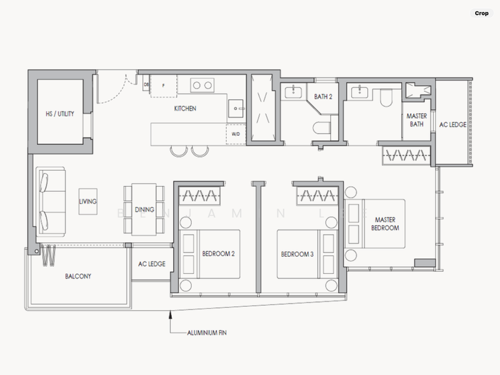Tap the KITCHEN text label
[x=185, y=109]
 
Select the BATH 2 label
[x=323, y=97]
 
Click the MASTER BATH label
[x=416, y=120]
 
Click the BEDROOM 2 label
[x=218, y=254]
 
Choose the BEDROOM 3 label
[x=297, y=254]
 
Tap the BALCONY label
[x=78, y=276]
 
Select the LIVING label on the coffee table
[x=87, y=202]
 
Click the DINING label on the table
[x=145, y=209]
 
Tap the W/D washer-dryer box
[x=235, y=134]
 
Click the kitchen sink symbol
[x=235, y=107]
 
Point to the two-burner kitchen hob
[x=201, y=85]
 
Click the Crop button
[x=481, y=13]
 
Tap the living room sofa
[x=48, y=201]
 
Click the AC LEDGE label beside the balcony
[x=151, y=264]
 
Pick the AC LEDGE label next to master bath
[x=453, y=125]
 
